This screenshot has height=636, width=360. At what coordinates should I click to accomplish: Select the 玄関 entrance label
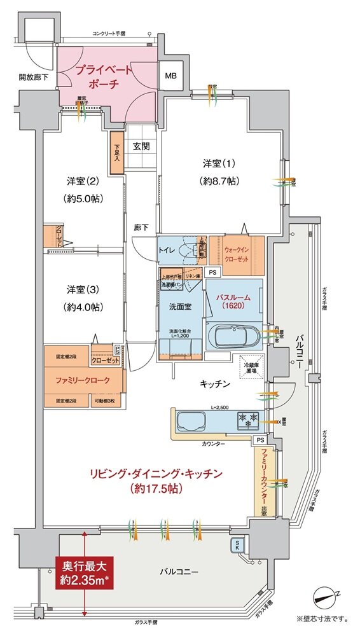[x=141, y=146]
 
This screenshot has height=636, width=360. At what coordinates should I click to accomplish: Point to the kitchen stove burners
[x=246, y=418]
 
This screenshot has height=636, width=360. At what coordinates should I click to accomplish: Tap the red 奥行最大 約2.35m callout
[x=85, y=572]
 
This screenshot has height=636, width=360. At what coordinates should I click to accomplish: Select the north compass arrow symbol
[x=327, y=597]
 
